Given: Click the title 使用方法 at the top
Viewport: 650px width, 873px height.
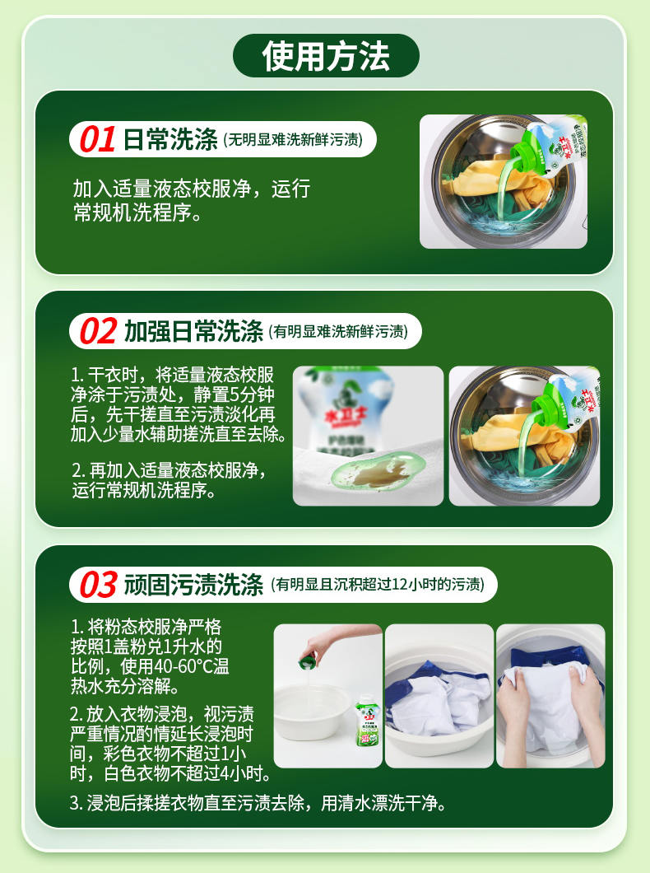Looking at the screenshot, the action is (326, 56).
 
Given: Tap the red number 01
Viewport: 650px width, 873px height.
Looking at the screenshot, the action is (97, 139).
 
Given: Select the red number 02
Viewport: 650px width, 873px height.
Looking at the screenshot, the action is (99, 331).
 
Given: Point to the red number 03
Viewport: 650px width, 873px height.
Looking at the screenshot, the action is (99, 585).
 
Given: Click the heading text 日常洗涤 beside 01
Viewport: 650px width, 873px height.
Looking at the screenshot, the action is (170, 139).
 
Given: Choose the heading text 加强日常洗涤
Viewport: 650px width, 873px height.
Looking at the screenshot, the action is (193, 331).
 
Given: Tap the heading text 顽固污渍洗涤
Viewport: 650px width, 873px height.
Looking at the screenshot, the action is (193, 585).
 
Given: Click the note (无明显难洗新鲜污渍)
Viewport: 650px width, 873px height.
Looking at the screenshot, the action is (293, 140).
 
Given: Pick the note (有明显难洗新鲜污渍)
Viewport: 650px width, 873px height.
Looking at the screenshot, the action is (338, 332).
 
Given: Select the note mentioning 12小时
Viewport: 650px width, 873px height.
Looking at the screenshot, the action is (378, 585).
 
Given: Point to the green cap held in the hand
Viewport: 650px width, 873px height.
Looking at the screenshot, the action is (307, 662).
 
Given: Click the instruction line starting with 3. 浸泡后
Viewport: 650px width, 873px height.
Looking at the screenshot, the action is (258, 803).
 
